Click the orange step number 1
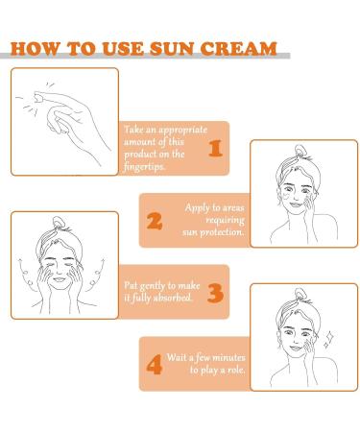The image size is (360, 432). [x=214, y=148]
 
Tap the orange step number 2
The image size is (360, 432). [x=155, y=221]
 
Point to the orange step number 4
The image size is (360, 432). [x=155, y=363]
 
